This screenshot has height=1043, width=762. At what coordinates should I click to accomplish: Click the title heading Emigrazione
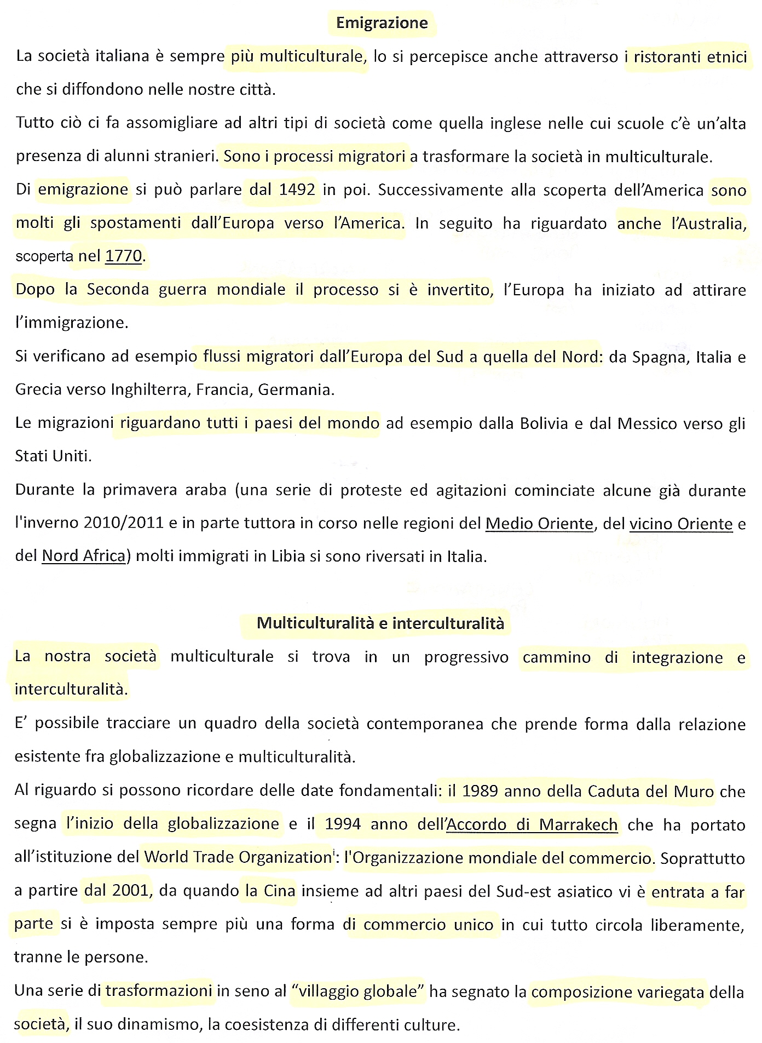[x=382, y=23]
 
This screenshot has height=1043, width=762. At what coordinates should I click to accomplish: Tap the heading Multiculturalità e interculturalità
[x=380, y=623]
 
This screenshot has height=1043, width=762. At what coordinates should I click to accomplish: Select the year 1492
[x=297, y=190]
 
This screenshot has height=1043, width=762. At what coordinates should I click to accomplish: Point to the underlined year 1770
[x=124, y=256]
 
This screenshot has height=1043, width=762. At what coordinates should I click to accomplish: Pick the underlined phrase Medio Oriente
[x=539, y=524]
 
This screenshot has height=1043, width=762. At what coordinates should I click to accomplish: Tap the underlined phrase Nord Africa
[x=84, y=556]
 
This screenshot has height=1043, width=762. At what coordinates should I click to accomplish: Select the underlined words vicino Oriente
[x=681, y=524]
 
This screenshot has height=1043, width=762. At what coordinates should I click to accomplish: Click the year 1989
[x=479, y=791]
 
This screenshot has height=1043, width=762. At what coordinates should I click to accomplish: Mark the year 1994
[x=342, y=824]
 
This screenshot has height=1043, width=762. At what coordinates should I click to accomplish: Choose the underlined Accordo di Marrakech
[x=533, y=824]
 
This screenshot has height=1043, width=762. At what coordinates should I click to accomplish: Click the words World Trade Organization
[x=238, y=857]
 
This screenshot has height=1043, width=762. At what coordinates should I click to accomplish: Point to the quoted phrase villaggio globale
[x=358, y=992]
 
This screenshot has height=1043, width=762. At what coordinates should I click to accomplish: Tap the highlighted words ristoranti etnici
[x=690, y=57]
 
